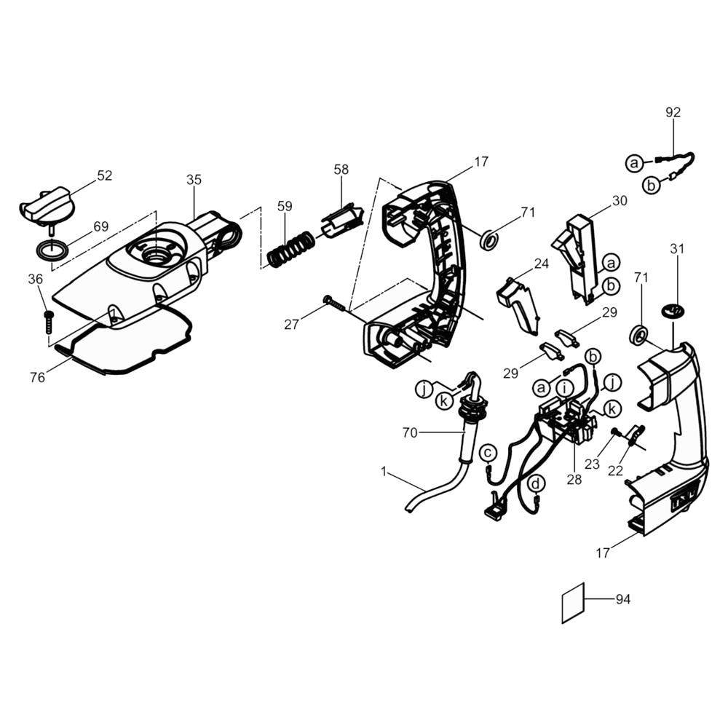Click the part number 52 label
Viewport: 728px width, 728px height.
[x=104, y=175]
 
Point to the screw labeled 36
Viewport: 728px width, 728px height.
[x=48, y=322]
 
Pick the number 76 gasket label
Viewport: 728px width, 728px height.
[x=37, y=377]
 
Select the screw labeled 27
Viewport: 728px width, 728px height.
[x=336, y=303]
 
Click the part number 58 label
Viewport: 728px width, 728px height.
[x=341, y=170]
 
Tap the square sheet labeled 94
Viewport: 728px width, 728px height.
[x=573, y=603]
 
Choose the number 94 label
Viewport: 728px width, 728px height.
[x=622, y=599]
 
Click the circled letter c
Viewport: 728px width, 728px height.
[x=488, y=452]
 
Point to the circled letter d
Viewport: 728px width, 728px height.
[x=537, y=484]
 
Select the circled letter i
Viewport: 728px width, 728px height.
[x=564, y=387]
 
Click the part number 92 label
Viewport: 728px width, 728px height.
[x=673, y=112]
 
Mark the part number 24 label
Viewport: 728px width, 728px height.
[x=541, y=264]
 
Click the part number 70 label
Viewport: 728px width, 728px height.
[x=410, y=432]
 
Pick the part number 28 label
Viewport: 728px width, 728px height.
[x=574, y=480]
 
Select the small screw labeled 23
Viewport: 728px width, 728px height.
[x=616, y=432]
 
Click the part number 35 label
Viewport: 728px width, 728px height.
[x=194, y=180]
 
